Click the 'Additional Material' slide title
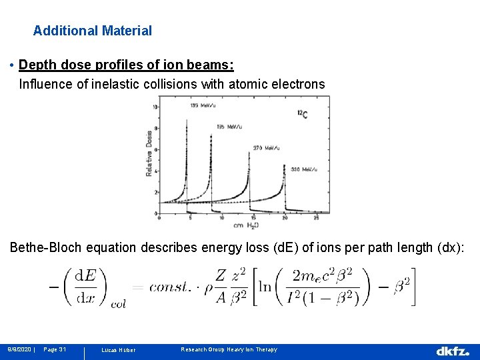93,31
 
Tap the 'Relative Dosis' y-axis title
150,153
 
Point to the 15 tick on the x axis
253,218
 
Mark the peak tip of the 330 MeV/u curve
285,165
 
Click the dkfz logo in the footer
453,350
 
